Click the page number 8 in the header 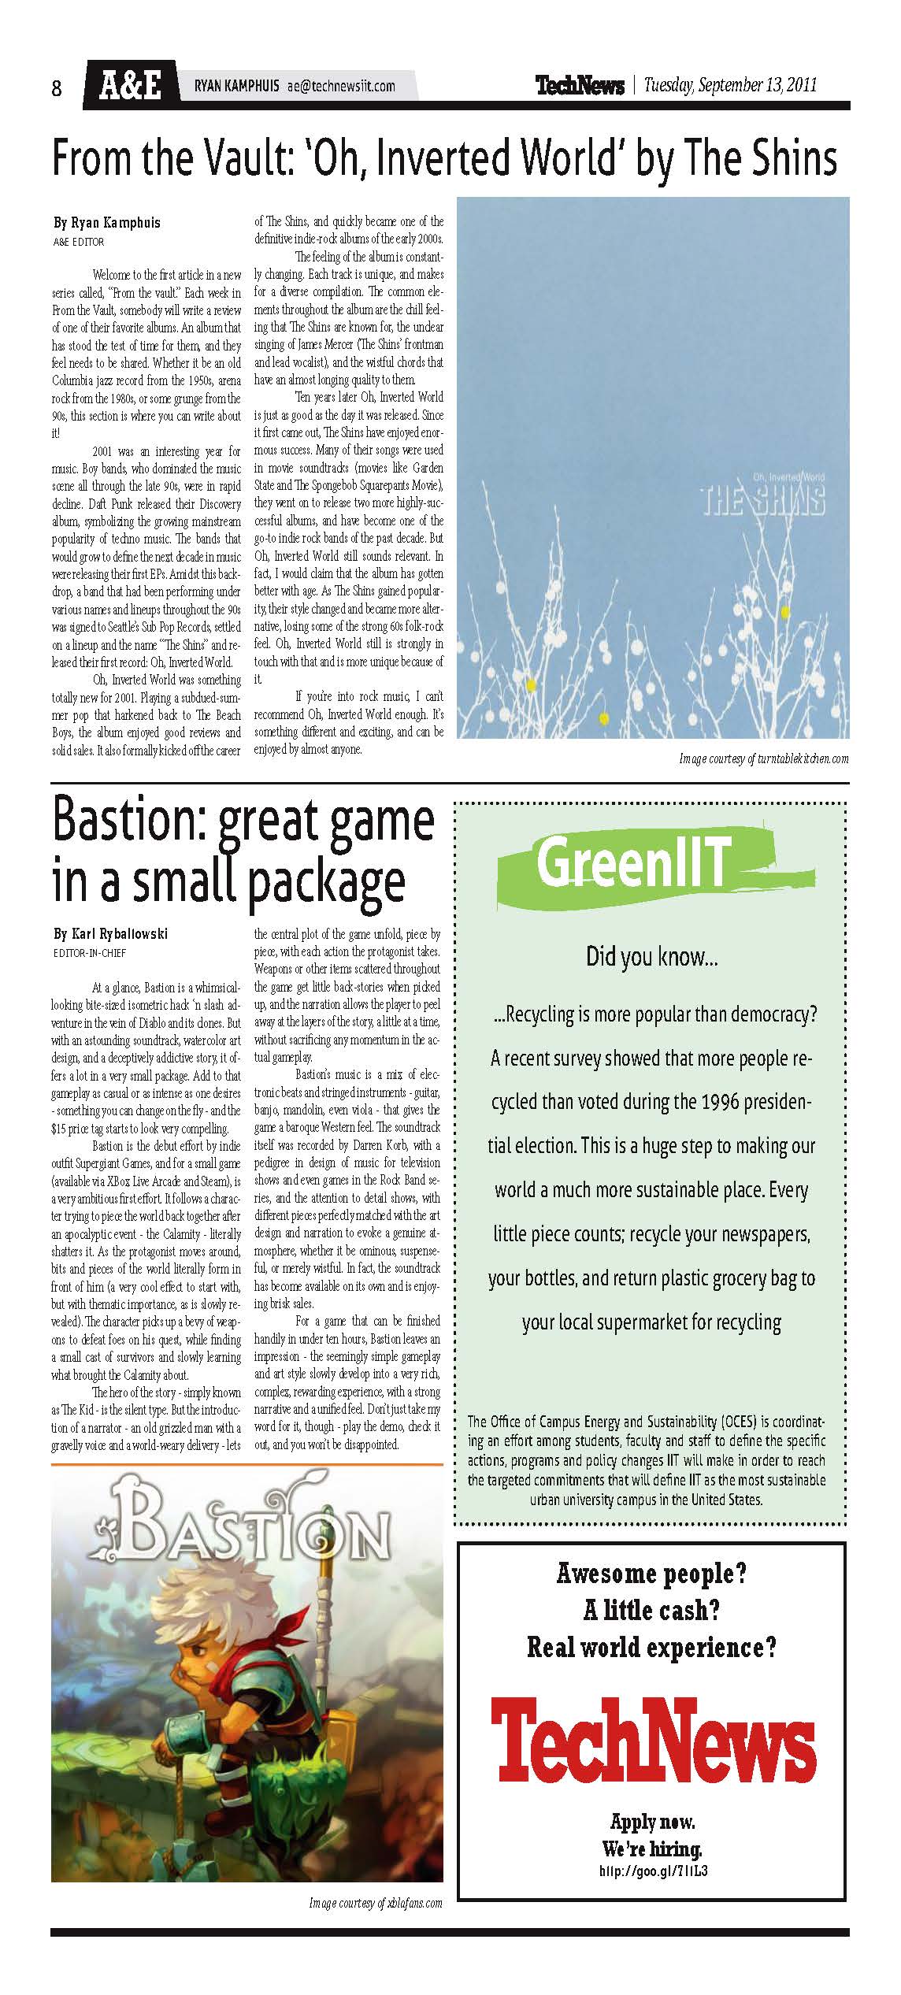tap(57, 88)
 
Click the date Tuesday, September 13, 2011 tap(729, 85)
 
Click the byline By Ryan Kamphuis tap(106, 223)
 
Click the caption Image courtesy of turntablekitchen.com tap(763, 759)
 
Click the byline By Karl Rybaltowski tap(110, 935)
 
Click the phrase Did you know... tap(651, 957)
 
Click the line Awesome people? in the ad tap(651, 1574)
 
